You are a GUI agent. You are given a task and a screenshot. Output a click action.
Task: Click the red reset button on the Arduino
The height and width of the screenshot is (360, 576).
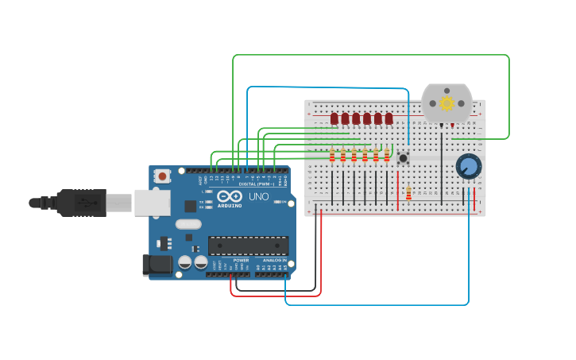162,176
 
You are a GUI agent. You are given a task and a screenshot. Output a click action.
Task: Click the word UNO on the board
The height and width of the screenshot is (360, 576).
259,196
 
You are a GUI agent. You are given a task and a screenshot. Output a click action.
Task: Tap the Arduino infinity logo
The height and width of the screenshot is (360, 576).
230,195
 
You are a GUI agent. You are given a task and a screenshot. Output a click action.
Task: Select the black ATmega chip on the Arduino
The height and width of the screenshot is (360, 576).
248,246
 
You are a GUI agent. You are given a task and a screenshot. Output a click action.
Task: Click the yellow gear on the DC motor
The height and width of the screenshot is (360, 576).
446,103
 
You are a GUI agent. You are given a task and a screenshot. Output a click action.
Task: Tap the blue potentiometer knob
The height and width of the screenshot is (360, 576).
469,167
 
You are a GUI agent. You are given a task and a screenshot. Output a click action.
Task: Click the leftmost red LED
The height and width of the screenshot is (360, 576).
334,118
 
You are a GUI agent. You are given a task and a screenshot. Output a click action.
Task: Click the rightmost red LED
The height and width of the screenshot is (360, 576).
389,118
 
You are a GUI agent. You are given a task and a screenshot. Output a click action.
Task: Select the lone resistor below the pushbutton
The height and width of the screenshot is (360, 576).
408,193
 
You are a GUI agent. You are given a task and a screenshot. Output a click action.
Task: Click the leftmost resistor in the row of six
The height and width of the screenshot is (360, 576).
332,155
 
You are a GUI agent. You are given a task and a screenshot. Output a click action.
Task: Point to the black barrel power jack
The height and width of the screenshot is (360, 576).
157,265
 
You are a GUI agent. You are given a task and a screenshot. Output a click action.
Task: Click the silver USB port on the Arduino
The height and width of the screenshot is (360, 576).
152,203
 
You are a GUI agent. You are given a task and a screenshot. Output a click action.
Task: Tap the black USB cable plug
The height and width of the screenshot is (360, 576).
80,203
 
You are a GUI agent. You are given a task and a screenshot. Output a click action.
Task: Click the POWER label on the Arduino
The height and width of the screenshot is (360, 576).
241,260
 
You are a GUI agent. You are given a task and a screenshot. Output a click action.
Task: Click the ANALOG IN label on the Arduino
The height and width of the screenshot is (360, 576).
274,260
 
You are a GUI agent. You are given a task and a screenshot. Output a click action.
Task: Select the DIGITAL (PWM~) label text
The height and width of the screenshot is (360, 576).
257,184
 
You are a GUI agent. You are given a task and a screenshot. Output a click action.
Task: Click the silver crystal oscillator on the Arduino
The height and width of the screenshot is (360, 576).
188,224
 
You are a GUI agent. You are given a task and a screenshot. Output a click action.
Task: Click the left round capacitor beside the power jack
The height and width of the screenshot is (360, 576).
185,261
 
